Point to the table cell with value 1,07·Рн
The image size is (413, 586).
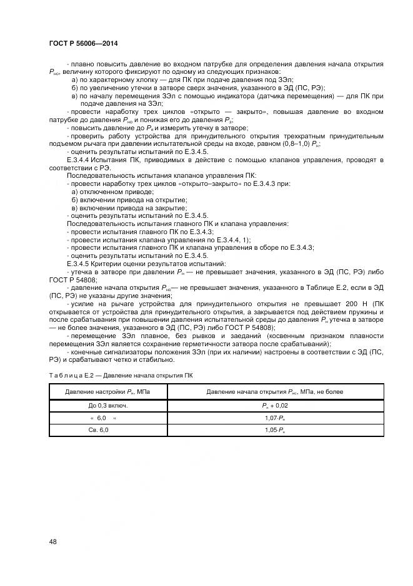(x=275, y=418)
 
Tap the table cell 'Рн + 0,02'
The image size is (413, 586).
(x=275, y=406)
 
